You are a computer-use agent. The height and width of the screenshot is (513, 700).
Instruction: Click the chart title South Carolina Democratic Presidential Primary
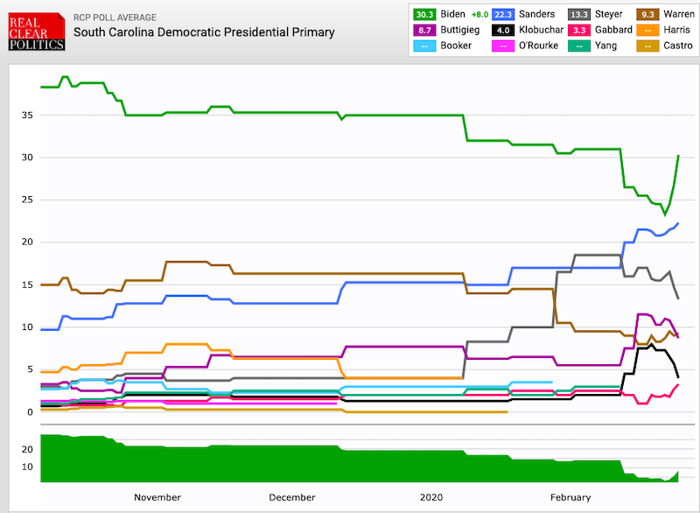pyautogui.click(x=204, y=32)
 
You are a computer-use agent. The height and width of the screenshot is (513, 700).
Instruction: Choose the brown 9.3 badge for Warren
pyautogui.click(x=647, y=14)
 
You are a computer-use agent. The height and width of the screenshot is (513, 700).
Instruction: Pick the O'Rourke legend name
pyautogui.click(x=536, y=45)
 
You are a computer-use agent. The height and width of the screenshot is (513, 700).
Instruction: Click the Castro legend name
pyautogui.click(x=679, y=45)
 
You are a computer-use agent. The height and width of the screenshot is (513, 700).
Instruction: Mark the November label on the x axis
pyautogui.click(x=157, y=497)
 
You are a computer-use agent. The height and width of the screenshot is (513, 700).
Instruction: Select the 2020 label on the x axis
pyautogui.click(x=430, y=497)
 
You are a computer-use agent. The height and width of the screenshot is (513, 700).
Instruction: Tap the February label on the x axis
pyautogui.click(x=570, y=497)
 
